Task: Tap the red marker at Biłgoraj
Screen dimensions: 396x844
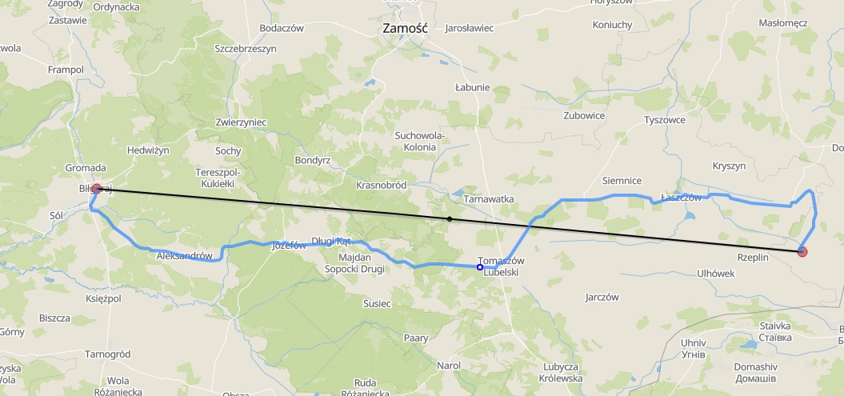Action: pyautogui.click(x=97, y=189)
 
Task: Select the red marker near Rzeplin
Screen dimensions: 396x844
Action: pyautogui.click(x=802, y=252)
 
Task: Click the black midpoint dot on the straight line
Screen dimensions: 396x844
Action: pyautogui.click(x=450, y=218)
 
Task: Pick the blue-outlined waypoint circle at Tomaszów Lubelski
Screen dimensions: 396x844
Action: pyautogui.click(x=479, y=267)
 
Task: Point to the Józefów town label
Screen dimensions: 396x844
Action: pyautogui.click(x=290, y=246)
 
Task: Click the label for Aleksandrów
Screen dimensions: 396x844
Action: pyautogui.click(x=185, y=256)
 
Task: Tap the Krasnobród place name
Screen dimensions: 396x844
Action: pyautogui.click(x=382, y=185)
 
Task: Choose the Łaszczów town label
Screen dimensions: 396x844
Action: pyautogui.click(x=681, y=198)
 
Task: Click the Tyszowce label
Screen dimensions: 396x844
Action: pyautogui.click(x=665, y=120)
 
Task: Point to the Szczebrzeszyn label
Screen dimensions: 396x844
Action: pyautogui.click(x=245, y=48)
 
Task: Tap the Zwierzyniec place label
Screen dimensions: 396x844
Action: pyautogui.click(x=241, y=122)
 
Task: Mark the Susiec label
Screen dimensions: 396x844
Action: pyautogui.click(x=377, y=304)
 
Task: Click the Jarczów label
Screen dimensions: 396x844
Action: pyautogui.click(x=602, y=297)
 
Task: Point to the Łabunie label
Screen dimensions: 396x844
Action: pyautogui.click(x=471, y=86)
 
